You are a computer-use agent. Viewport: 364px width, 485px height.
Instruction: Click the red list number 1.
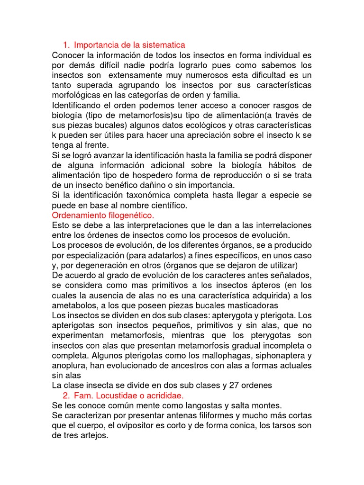tap(65, 45)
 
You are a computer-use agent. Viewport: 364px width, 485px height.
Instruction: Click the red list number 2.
tap(65, 395)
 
